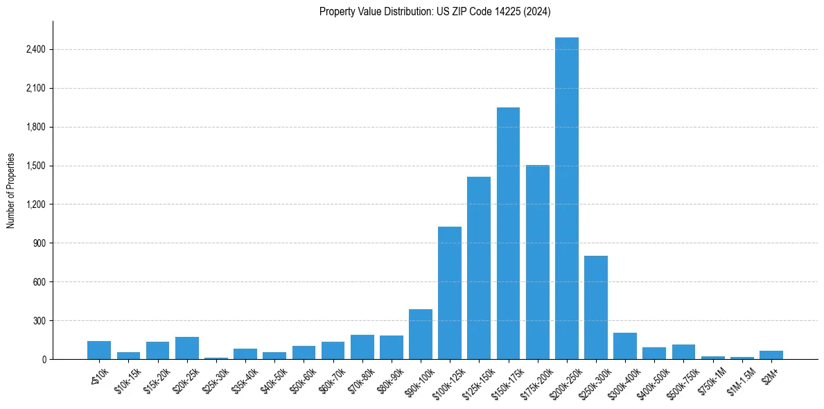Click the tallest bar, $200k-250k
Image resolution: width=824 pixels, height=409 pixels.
(566, 198)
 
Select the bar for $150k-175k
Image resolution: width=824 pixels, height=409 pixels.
(508, 234)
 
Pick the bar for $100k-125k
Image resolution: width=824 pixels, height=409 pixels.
(450, 293)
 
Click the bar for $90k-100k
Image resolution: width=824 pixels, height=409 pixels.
(421, 334)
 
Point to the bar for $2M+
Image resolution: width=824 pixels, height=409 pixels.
(771, 355)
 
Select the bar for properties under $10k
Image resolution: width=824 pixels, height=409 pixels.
(99, 350)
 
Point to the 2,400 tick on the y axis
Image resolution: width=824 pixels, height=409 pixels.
(35, 50)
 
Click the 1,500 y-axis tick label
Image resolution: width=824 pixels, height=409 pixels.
(35, 166)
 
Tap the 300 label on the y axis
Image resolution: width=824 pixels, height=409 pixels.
(40, 321)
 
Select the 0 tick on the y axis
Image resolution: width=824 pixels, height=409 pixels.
(44, 360)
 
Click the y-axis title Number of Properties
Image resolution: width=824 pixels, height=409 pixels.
(11, 191)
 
